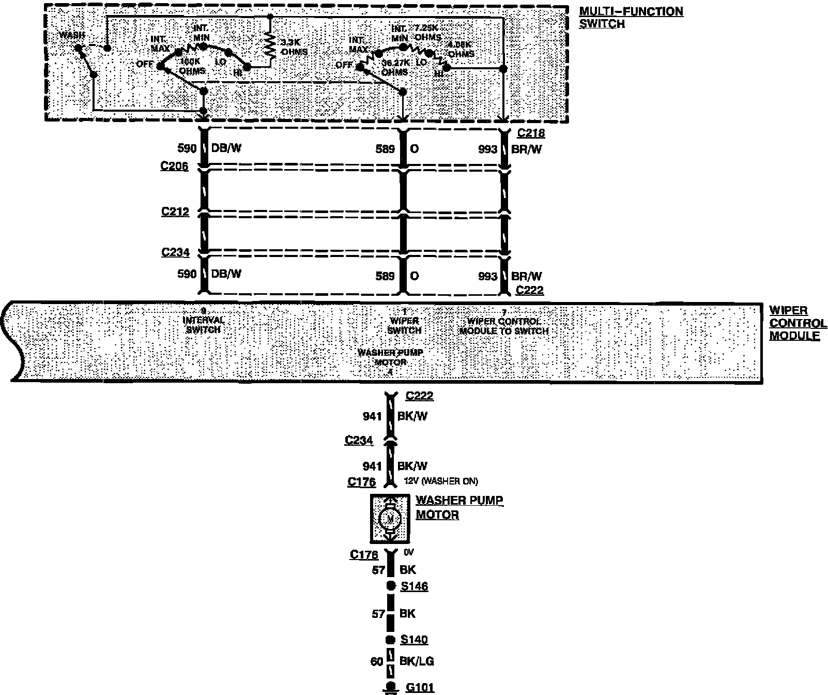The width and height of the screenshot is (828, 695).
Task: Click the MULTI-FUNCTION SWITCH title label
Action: click(x=631, y=18)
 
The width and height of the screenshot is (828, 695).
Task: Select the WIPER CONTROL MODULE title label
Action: click(x=798, y=323)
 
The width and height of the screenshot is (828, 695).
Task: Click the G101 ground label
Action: click(x=420, y=688)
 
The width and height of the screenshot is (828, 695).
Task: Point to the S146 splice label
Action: click(x=415, y=586)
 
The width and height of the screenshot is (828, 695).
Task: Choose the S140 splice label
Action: click(x=415, y=640)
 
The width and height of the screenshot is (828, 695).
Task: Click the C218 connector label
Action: click(x=531, y=133)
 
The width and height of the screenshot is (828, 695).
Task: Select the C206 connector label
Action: click(x=175, y=167)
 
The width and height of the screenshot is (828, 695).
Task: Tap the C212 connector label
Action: click(x=175, y=211)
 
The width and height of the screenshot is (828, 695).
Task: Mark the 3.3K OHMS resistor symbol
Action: click(x=269, y=44)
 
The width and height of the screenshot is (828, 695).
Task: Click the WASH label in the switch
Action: click(x=72, y=35)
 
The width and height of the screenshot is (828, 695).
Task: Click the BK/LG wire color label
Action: click(x=417, y=661)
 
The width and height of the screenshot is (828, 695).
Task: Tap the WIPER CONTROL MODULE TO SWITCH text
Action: click(x=504, y=326)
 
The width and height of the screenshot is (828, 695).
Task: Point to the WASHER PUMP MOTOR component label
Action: click(x=458, y=507)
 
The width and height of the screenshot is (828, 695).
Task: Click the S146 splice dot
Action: click(x=391, y=586)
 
